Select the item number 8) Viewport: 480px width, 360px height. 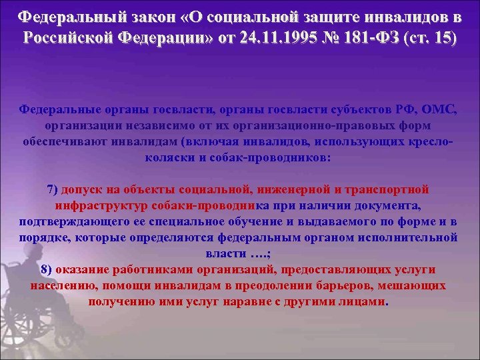click(47, 269)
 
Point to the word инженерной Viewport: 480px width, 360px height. click(283, 189)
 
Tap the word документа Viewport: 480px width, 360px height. click(385, 205)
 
